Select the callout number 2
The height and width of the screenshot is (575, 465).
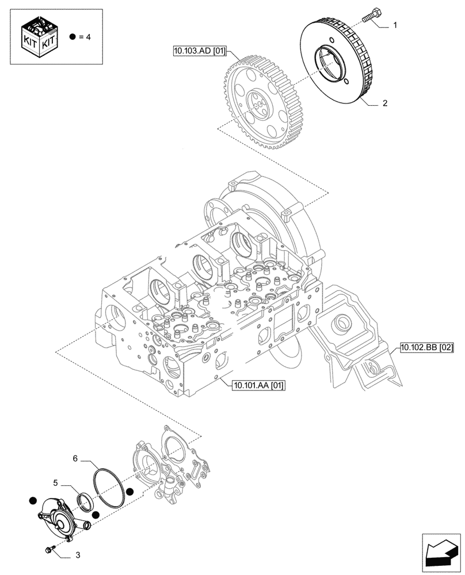385,104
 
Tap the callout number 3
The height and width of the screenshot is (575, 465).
77,556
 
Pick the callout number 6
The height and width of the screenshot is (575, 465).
75,459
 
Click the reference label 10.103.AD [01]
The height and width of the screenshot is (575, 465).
195,51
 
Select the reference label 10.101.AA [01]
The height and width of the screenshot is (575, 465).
259,385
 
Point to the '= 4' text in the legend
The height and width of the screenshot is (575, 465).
85,37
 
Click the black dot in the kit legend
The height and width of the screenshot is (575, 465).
72,37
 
